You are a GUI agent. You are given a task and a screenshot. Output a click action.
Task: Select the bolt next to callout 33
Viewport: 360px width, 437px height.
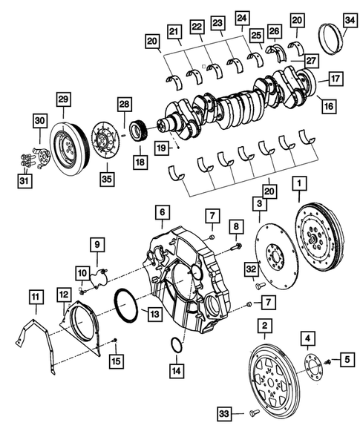(251, 412)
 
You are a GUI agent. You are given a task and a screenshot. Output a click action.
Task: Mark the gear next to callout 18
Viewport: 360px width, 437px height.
(138, 134)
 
